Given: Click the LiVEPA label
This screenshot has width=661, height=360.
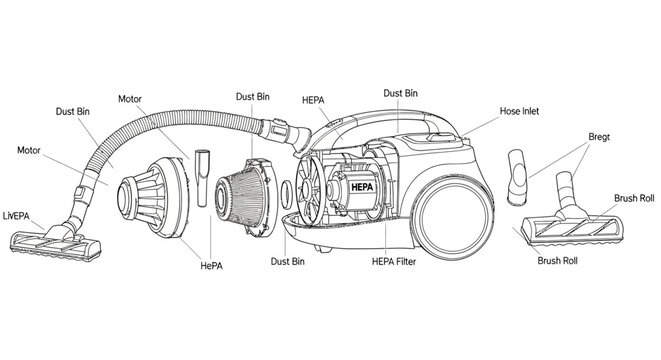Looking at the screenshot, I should pyautogui.click(x=19, y=214).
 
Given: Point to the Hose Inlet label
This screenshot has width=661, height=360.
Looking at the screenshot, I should pyautogui.click(x=519, y=112).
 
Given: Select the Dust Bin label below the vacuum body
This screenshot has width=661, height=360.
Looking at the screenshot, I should pyautogui.click(x=288, y=262).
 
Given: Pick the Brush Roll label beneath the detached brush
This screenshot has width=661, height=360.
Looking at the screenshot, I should pyautogui.click(x=558, y=262).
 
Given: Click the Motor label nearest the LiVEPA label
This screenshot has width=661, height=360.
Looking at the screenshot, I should pyautogui.click(x=36, y=150).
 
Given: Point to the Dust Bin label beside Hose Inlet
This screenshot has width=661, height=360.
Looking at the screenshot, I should pyautogui.click(x=400, y=93).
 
